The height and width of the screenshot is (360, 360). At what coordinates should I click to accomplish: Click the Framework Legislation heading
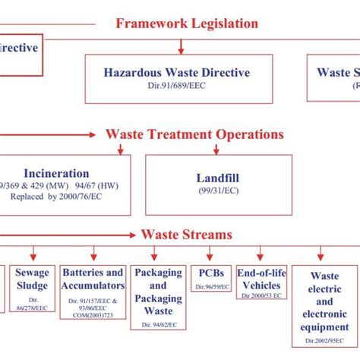(x=187, y=24)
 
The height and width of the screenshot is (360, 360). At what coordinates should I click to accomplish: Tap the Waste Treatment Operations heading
(x=194, y=134)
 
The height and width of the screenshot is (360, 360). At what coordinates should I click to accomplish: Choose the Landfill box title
(x=213, y=178)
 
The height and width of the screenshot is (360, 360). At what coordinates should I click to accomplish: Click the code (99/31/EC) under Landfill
(x=213, y=190)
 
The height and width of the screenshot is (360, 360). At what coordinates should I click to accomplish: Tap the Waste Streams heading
(x=185, y=235)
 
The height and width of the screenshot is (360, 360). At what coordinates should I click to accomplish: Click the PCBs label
(x=211, y=273)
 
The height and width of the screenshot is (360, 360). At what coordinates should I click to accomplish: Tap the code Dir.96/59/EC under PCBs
(x=211, y=287)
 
